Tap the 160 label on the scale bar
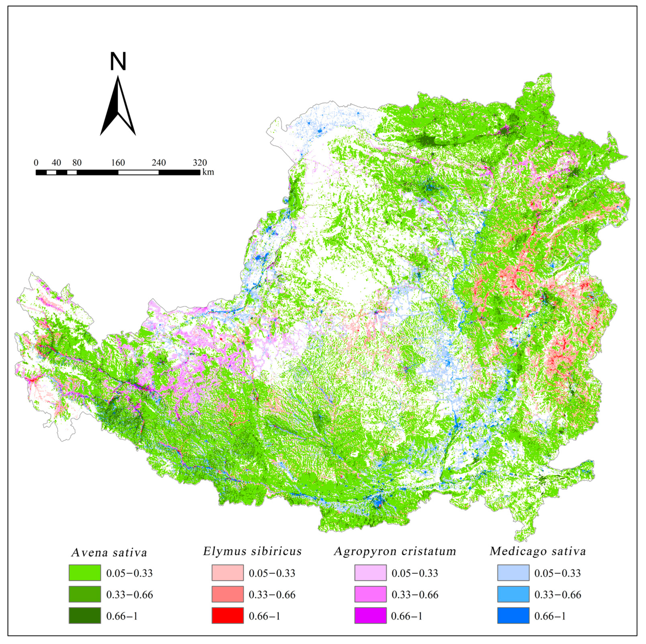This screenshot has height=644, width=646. [x=118, y=163]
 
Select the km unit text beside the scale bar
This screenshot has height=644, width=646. [x=208, y=172]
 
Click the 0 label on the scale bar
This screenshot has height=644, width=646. [x=36, y=163]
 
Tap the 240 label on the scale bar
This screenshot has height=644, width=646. [x=159, y=163]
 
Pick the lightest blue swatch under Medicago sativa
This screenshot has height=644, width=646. [x=513, y=573]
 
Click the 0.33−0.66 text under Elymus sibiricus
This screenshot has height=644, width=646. [x=272, y=595]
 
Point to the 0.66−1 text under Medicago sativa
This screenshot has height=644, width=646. [x=550, y=616]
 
